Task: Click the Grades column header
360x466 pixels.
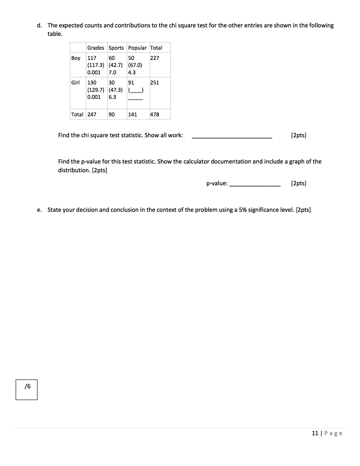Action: pyautogui.click(x=95, y=48)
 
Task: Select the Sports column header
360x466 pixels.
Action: pyautogui.click(x=116, y=48)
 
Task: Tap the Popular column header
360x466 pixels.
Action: pyautogui.click(x=137, y=48)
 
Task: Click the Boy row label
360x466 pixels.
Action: pyautogui.click(x=76, y=58)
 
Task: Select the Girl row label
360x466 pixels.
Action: pyautogui.click(x=75, y=82)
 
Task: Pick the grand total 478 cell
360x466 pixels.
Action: pyautogui.click(x=154, y=114)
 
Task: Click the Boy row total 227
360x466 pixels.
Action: pyautogui.click(x=154, y=58)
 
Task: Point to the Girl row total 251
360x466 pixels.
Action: pyautogui.click(x=154, y=82)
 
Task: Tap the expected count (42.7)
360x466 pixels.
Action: pyautogui.click(x=116, y=65)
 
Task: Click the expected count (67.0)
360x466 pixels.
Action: pyautogui.click(x=135, y=65)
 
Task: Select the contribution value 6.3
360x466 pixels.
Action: pyautogui.click(x=112, y=97)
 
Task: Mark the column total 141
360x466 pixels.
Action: pyautogui.click(x=132, y=114)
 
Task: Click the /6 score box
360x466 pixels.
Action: pyautogui.click(x=27, y=389)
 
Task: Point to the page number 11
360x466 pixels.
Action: pyautogui.click(x=315, y=433)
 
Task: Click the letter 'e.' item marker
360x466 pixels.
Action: pyautogui.click(x=39, y=210)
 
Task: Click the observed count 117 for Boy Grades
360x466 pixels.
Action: pyautogui.click(x=92, y=58)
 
